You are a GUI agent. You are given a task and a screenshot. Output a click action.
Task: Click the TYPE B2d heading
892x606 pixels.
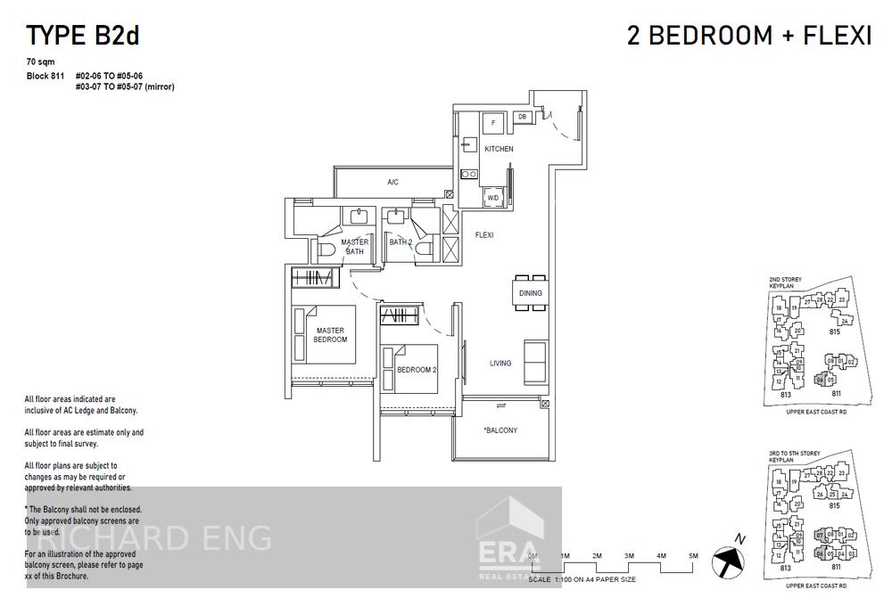point(82,36)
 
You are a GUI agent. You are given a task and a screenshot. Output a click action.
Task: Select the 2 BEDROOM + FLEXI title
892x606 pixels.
point(749,36)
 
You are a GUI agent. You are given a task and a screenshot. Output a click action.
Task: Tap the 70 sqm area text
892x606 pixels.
point(42,63)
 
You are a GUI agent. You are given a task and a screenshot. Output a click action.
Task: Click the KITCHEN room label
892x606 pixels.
point(499,149)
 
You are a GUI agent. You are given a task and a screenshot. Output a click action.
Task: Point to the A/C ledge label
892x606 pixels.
point(392,183)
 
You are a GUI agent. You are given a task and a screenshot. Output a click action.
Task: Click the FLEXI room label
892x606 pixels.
point(484,235)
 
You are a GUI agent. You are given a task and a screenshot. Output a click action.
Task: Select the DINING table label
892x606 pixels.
point(530,293)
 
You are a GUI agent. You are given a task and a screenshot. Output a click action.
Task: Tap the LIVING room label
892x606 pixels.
point(500,363)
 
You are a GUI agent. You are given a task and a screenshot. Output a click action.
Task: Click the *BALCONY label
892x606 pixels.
point(500,430)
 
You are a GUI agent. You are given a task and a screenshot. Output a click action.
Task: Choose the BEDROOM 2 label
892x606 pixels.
point(416,369)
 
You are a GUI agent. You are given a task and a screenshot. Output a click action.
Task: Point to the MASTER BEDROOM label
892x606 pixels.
point(330,335)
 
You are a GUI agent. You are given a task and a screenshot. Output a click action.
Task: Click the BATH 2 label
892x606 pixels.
point(401,242)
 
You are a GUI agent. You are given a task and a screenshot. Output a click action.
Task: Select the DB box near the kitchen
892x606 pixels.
point(522,117)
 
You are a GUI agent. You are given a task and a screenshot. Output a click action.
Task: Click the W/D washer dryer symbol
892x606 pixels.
point(492,197)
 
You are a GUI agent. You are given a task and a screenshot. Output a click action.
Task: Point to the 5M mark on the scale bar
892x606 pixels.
point(693,556)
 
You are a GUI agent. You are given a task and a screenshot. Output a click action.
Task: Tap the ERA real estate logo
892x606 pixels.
point(508,545)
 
